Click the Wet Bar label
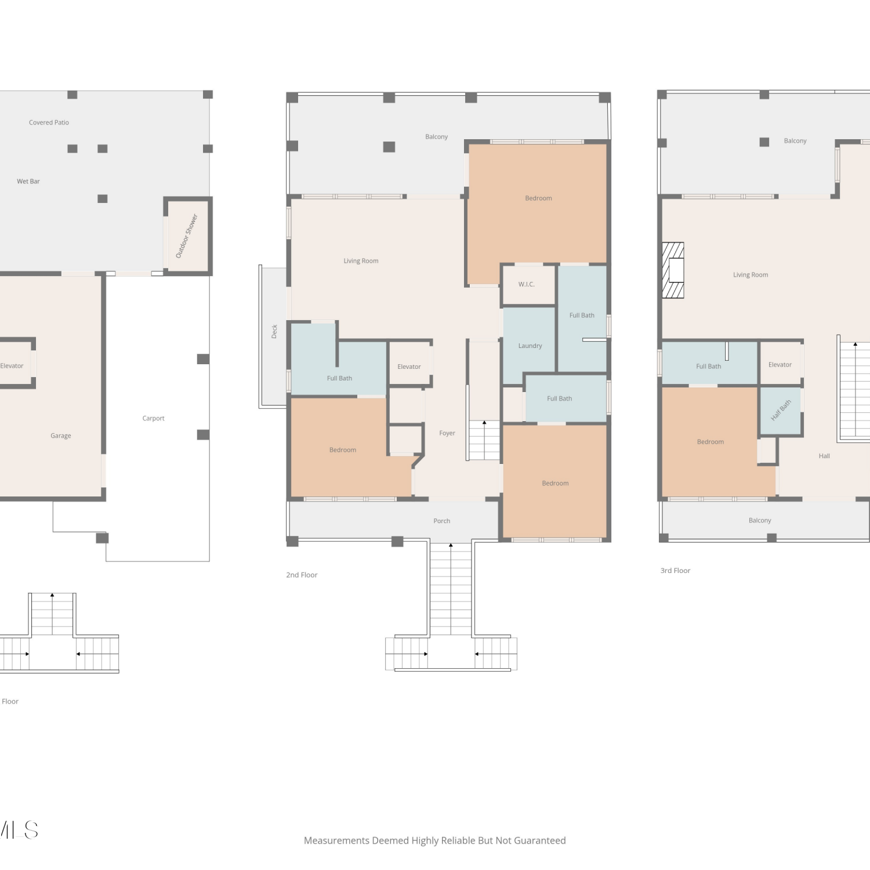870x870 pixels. click(28, 182)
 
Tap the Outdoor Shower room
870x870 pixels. click(187, 235)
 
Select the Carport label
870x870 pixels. click(154, 418)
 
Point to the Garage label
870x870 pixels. click(61, 436)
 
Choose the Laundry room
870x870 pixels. click(529, 346)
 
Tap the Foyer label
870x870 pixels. click(447, 433)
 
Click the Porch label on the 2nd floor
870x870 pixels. click(442, 521)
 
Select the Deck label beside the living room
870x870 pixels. click(274, 331)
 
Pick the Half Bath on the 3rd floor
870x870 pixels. click(781, 411)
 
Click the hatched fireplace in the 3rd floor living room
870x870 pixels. click(673, 270)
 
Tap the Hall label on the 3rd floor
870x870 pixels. click(824, 456)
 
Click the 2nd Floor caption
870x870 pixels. click(302, 575)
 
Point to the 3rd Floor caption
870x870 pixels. click(675, 571)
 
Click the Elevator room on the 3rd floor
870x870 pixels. click(780, 362)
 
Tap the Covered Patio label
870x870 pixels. click(49, 122)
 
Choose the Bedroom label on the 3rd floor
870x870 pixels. click(710, 442)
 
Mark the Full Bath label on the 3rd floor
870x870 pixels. click(709, 367)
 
